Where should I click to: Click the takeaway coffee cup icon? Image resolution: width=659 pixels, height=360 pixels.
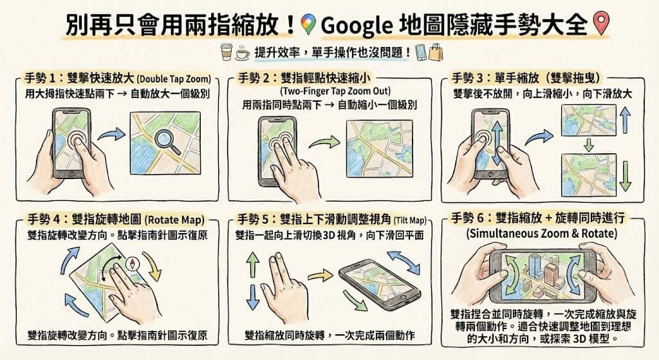[225, 52]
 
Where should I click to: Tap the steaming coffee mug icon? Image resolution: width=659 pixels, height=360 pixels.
[243, 52]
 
